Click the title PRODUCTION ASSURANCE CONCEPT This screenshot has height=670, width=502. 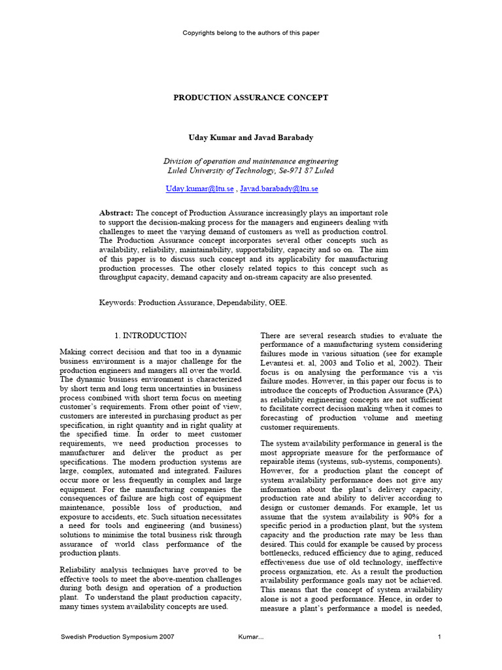tap(250, 97)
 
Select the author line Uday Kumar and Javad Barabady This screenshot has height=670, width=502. tap(250, 137)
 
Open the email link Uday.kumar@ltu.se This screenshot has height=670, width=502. tap(199, 188)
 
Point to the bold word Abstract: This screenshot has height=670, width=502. tap(116, 213)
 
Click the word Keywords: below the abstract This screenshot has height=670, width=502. tap(118, 304)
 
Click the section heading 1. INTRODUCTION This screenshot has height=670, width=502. tap(151, 336)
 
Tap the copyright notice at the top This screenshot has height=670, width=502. tap(250, 32)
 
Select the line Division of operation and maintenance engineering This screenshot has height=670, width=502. tap(250, 161)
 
